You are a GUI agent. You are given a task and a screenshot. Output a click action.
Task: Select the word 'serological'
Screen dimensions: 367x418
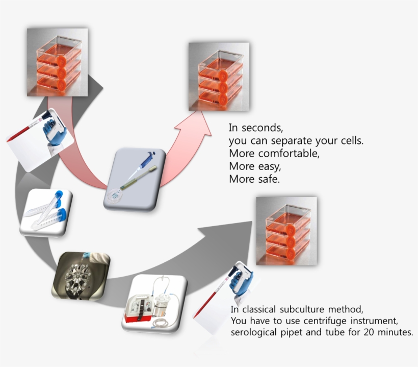coord(255,333)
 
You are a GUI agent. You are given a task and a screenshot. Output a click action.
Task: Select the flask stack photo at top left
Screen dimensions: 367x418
coord(57,62)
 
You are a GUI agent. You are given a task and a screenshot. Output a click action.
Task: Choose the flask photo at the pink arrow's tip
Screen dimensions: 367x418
coord(219,77)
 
